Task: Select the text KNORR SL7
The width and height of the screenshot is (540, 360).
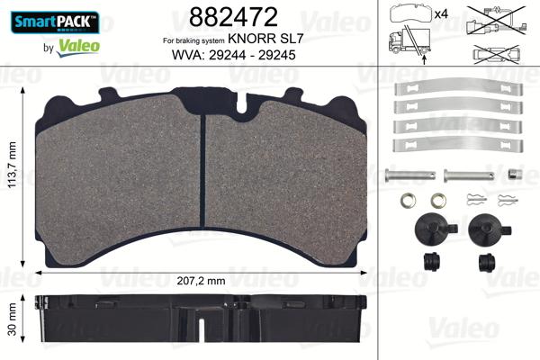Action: point(258,40)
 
